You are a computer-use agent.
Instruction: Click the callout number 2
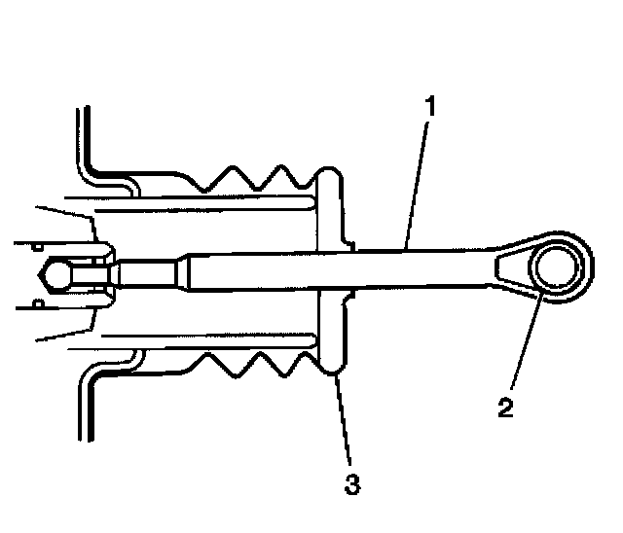pyautogui.click(x=505, y=406)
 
